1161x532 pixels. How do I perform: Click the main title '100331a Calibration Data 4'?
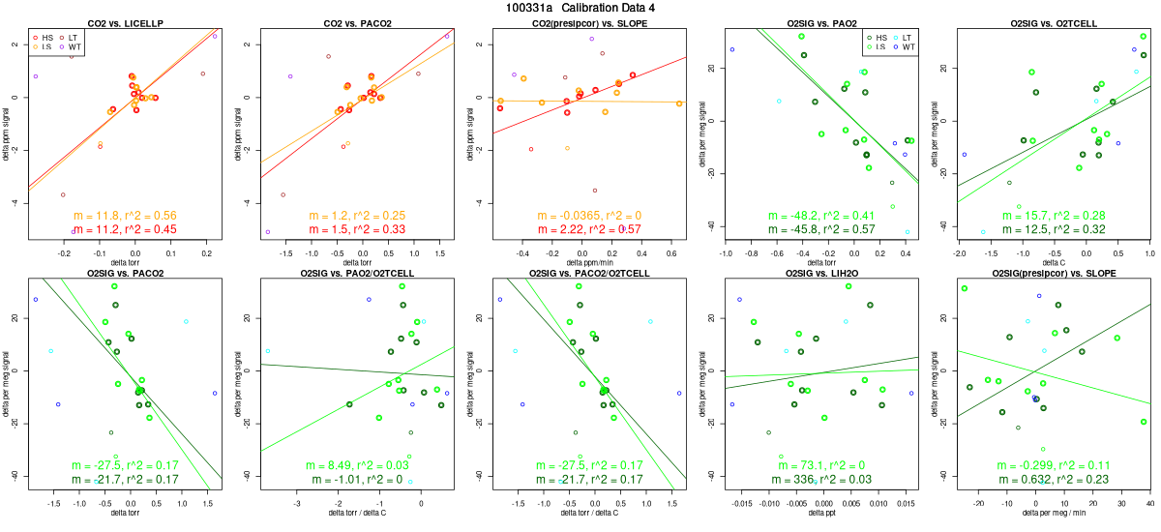[x=580, y=8]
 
